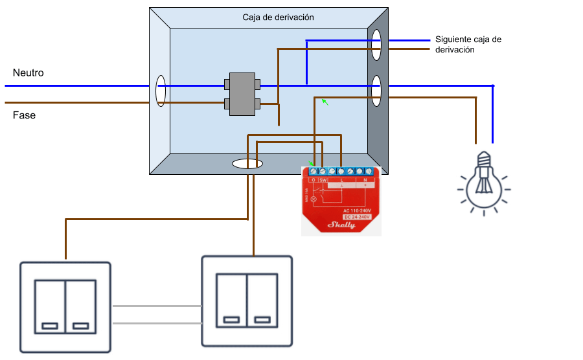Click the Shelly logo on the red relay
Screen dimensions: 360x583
pos(343,225)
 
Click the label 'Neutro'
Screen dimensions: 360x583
pos(29,73)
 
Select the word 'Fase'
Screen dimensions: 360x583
pos(25,115)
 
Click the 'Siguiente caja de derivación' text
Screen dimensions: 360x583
pos(468,44)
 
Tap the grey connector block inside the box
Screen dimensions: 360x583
pos(242,94)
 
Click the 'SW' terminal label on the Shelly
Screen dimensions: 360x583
pos(323,180)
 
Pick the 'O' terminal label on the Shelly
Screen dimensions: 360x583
pos(313,180)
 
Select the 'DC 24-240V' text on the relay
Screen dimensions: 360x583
pos(355,217)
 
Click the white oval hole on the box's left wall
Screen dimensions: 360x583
pos(160,91)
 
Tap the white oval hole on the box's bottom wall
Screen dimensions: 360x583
pos(247,164)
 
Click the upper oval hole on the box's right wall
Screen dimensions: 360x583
pos(376,45)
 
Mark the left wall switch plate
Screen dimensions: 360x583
pos(65,306)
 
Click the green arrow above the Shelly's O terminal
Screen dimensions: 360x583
pos(326,102)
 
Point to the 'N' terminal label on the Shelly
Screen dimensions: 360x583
pos(365,180)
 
